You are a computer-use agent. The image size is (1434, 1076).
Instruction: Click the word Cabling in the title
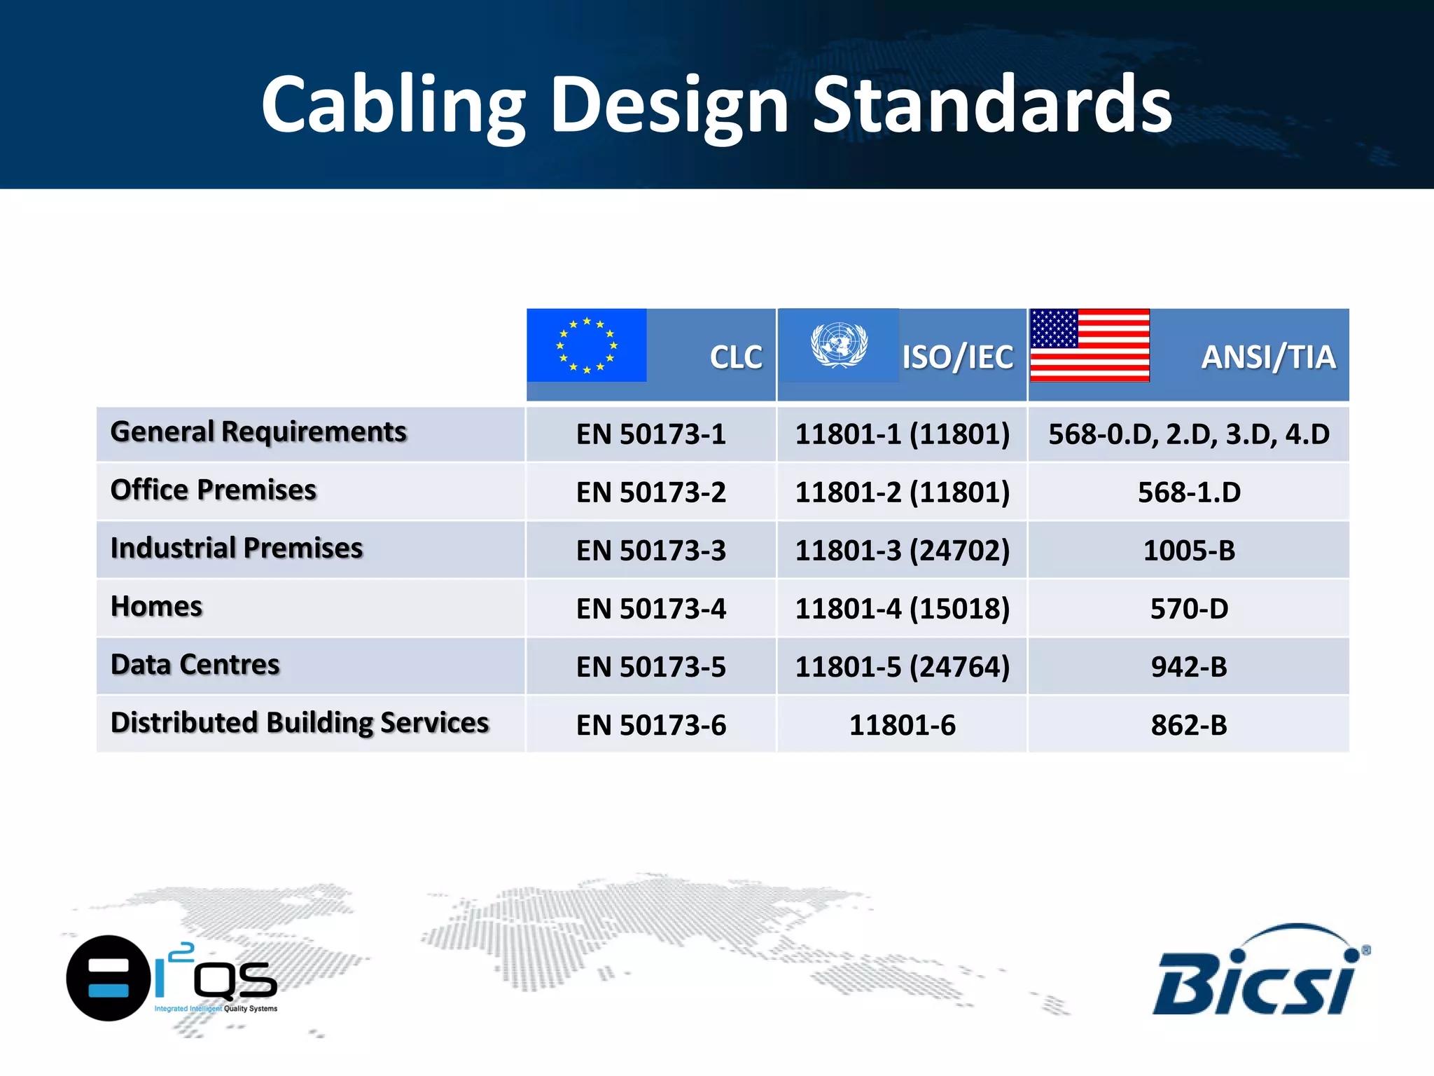[392, 105]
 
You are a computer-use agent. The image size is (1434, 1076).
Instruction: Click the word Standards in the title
[991, 105]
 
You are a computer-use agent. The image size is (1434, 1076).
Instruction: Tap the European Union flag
[587, 345]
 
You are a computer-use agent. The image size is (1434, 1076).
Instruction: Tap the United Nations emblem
[839, 345]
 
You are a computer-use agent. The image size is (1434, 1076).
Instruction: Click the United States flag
[1090, 345]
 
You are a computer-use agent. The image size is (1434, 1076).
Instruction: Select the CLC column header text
[735, 357]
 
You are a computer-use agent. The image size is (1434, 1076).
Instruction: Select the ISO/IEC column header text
[957, 357]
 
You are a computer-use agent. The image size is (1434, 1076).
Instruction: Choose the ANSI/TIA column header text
[1268, 357]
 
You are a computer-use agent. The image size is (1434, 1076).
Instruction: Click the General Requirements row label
[258, 432]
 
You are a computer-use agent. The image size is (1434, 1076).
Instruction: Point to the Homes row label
[157, 607]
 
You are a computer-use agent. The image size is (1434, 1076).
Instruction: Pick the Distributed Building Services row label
[300, 723]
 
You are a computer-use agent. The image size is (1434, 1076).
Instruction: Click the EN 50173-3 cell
[650, 551]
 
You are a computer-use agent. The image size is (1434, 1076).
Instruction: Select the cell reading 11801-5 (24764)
[902, 667]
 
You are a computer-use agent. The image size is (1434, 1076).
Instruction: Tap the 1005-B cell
[1189, 551]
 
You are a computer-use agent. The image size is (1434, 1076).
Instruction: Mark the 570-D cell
[1189, 609]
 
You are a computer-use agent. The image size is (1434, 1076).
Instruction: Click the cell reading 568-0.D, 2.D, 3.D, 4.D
[1189, 434]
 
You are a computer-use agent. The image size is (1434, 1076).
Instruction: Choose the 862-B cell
[1189, 725]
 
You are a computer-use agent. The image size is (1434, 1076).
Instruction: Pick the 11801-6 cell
[902, 725]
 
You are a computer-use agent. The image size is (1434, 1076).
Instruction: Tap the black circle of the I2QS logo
[109, 978]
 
